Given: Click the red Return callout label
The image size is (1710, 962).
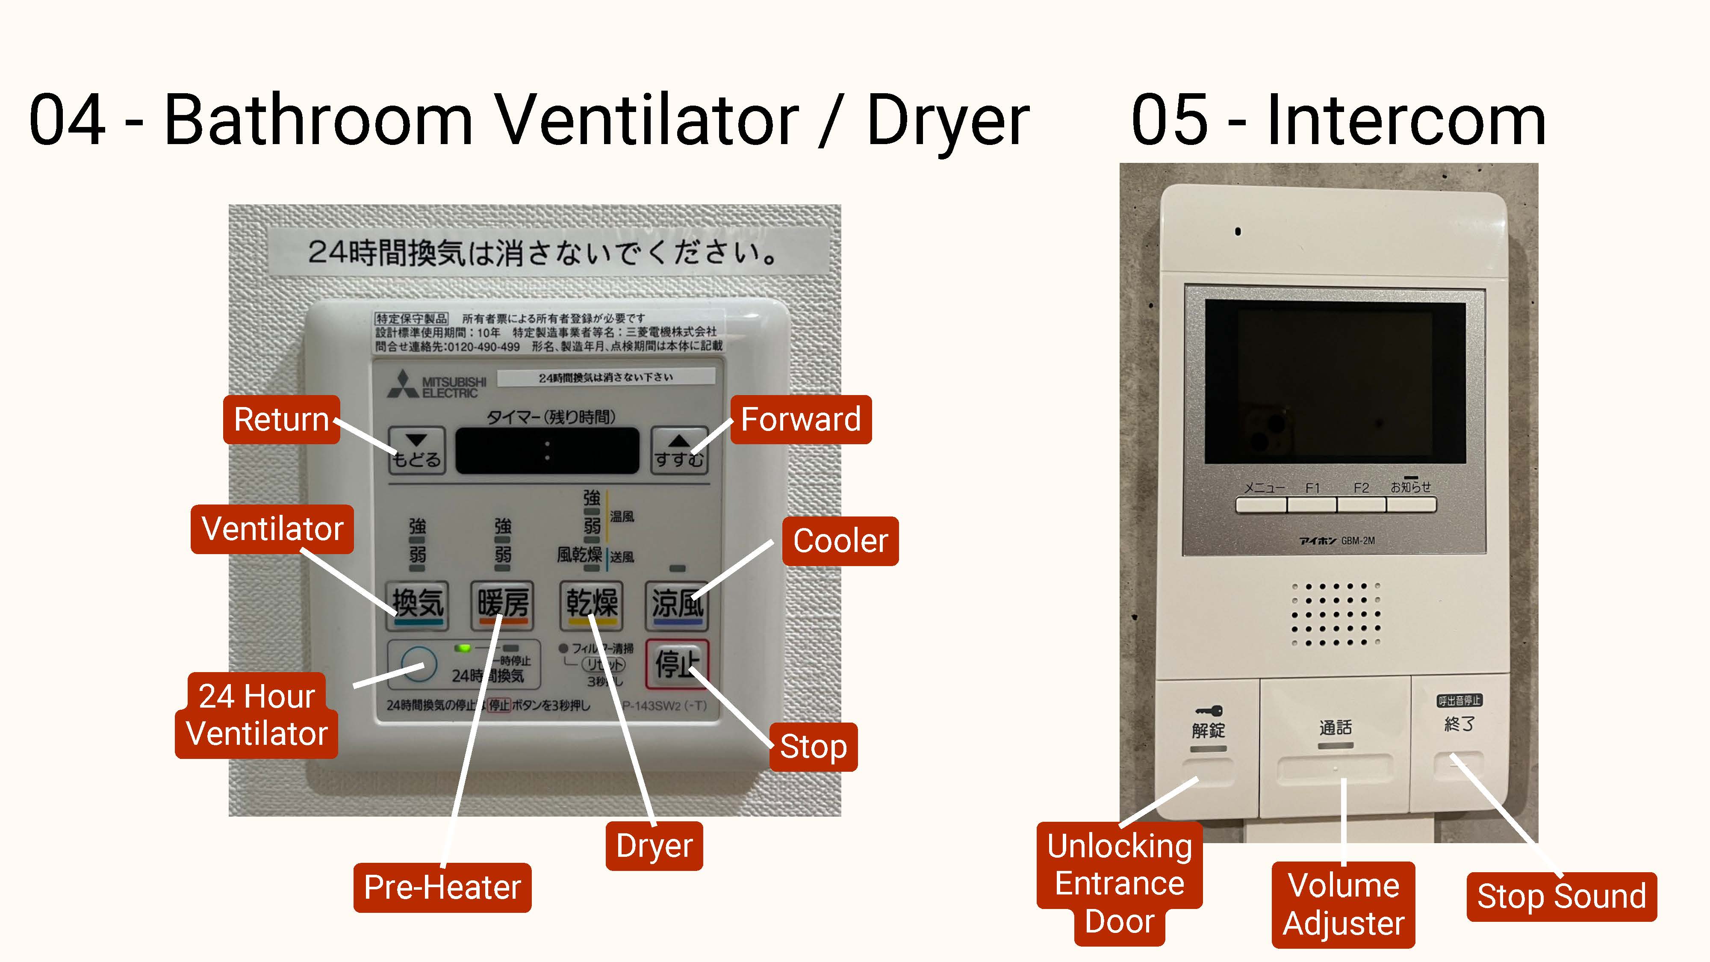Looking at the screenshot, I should pyautogui.click(x=281, y=419).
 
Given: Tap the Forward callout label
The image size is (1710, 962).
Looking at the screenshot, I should pyautogui.click(x=801, y=419).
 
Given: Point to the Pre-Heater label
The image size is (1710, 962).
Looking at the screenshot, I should pyautogui.click(x=442, y=888).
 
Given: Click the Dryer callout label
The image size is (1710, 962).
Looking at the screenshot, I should pyautogui.click(x=654, y=846).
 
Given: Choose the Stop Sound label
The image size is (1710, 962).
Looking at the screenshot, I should pyautogui.click(x=1561, y=896).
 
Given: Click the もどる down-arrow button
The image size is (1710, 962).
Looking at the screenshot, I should pyautogui.click(x=416, y=449).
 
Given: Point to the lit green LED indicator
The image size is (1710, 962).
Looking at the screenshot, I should pyautogui.click(x=463, y=647).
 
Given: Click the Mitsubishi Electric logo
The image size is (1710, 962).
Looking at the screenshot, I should pyautogui.click(x=437, y=385).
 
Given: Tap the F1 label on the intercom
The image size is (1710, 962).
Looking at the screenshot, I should pyautogui.click(x=1312, y=488).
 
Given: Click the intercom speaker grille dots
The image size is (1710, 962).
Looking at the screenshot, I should pyautogui.click(x=1335, y=614).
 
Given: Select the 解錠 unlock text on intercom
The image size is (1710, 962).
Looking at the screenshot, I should pyautogui.click(x=1208, y=730).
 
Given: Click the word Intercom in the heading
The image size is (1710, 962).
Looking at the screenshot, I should pyautogui.click(x=1406, y=121).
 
